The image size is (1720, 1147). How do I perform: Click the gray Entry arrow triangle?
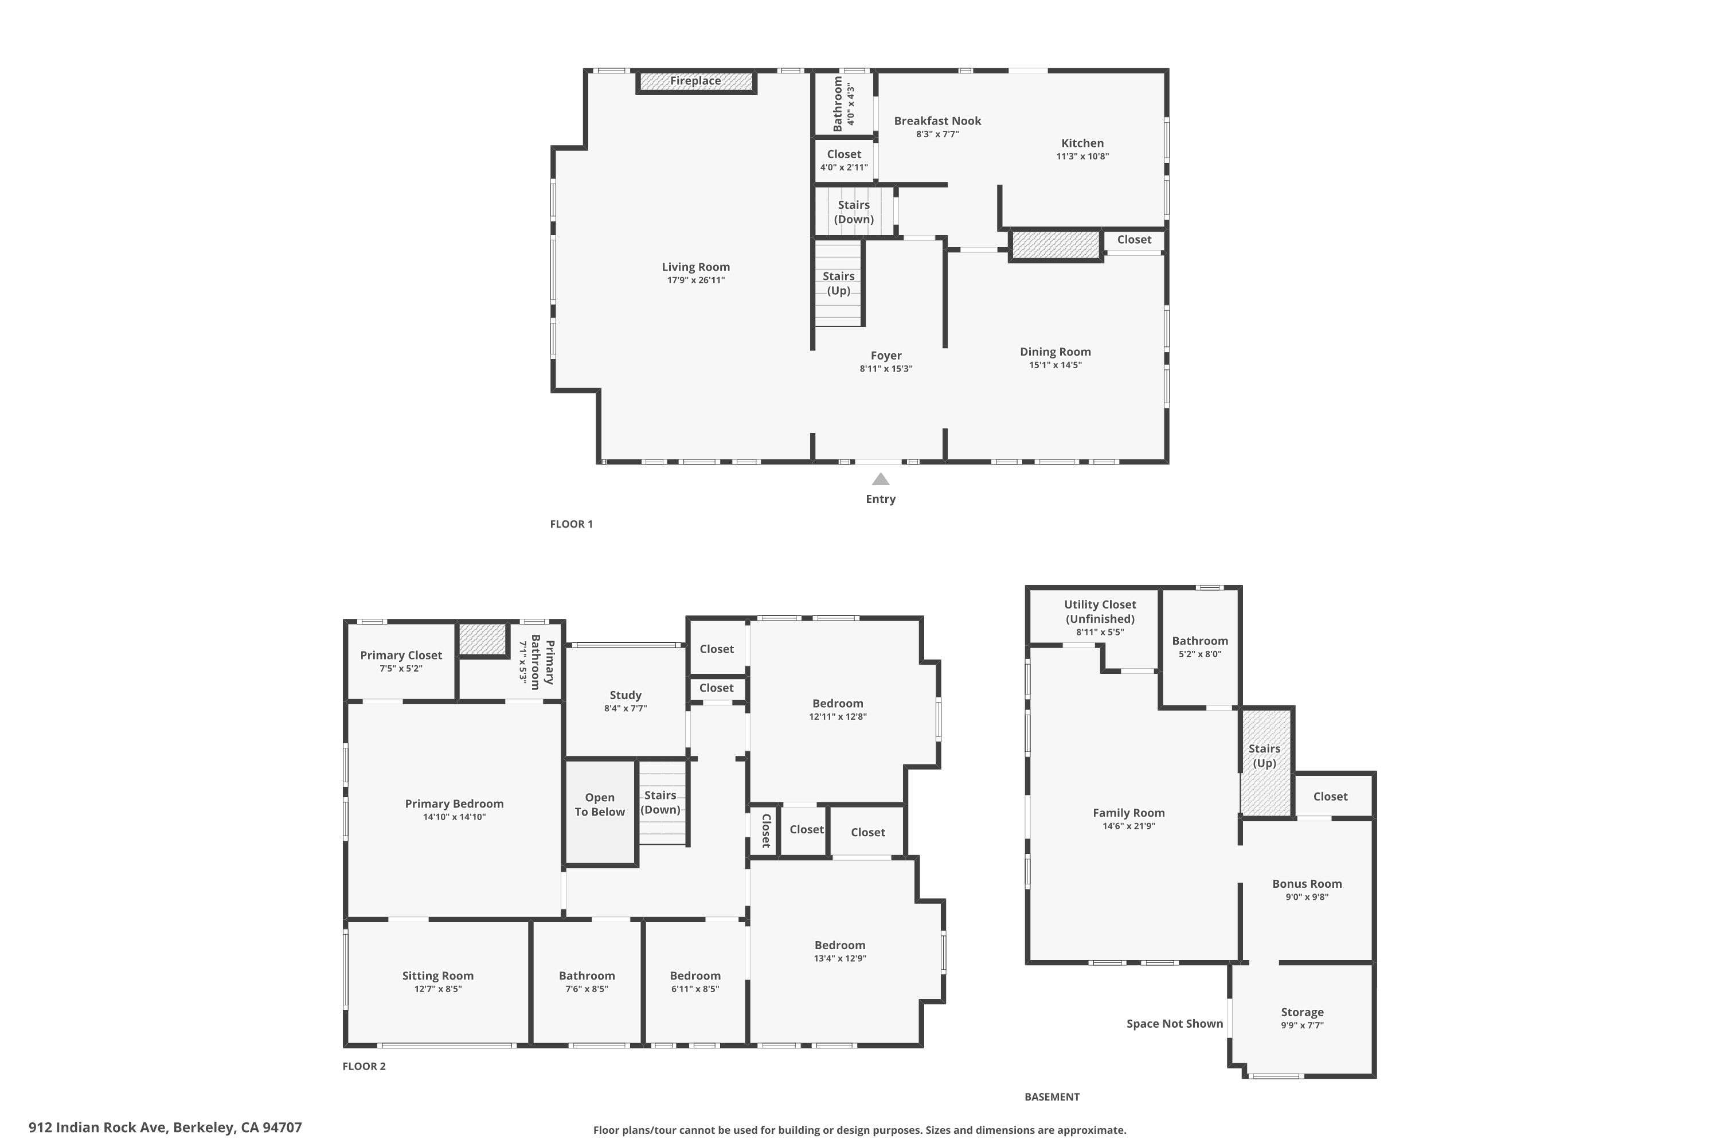(x=881, y=480)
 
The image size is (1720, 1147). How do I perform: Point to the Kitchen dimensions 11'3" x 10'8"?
(x=1082, y=157)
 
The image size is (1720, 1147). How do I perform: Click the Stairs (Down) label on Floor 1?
(x=854, y=212)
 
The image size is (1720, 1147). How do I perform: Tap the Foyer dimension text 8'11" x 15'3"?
(x=886, y=369)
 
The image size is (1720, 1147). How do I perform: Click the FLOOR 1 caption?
(x=571, y=524)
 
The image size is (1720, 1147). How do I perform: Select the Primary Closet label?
(x=401, y=656)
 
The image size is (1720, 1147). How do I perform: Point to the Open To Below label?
(x=600, y=805)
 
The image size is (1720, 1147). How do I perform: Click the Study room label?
(x=626, y=695)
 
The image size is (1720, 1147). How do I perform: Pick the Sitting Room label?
(x=437, y=976)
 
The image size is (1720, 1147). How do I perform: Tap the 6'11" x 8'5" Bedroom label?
(x=695, y=982)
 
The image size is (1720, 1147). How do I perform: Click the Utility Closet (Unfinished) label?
(x=1100, y=611)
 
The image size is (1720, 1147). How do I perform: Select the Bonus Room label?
(x=1307, y=884)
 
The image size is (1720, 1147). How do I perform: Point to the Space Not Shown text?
(x=1174, y=1023)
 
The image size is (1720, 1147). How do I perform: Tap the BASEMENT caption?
(x=1051, y=1097)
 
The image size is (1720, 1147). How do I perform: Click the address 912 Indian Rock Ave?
(x=165, y=1128)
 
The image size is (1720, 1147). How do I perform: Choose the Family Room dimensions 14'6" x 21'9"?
(x=1128, y=826)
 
